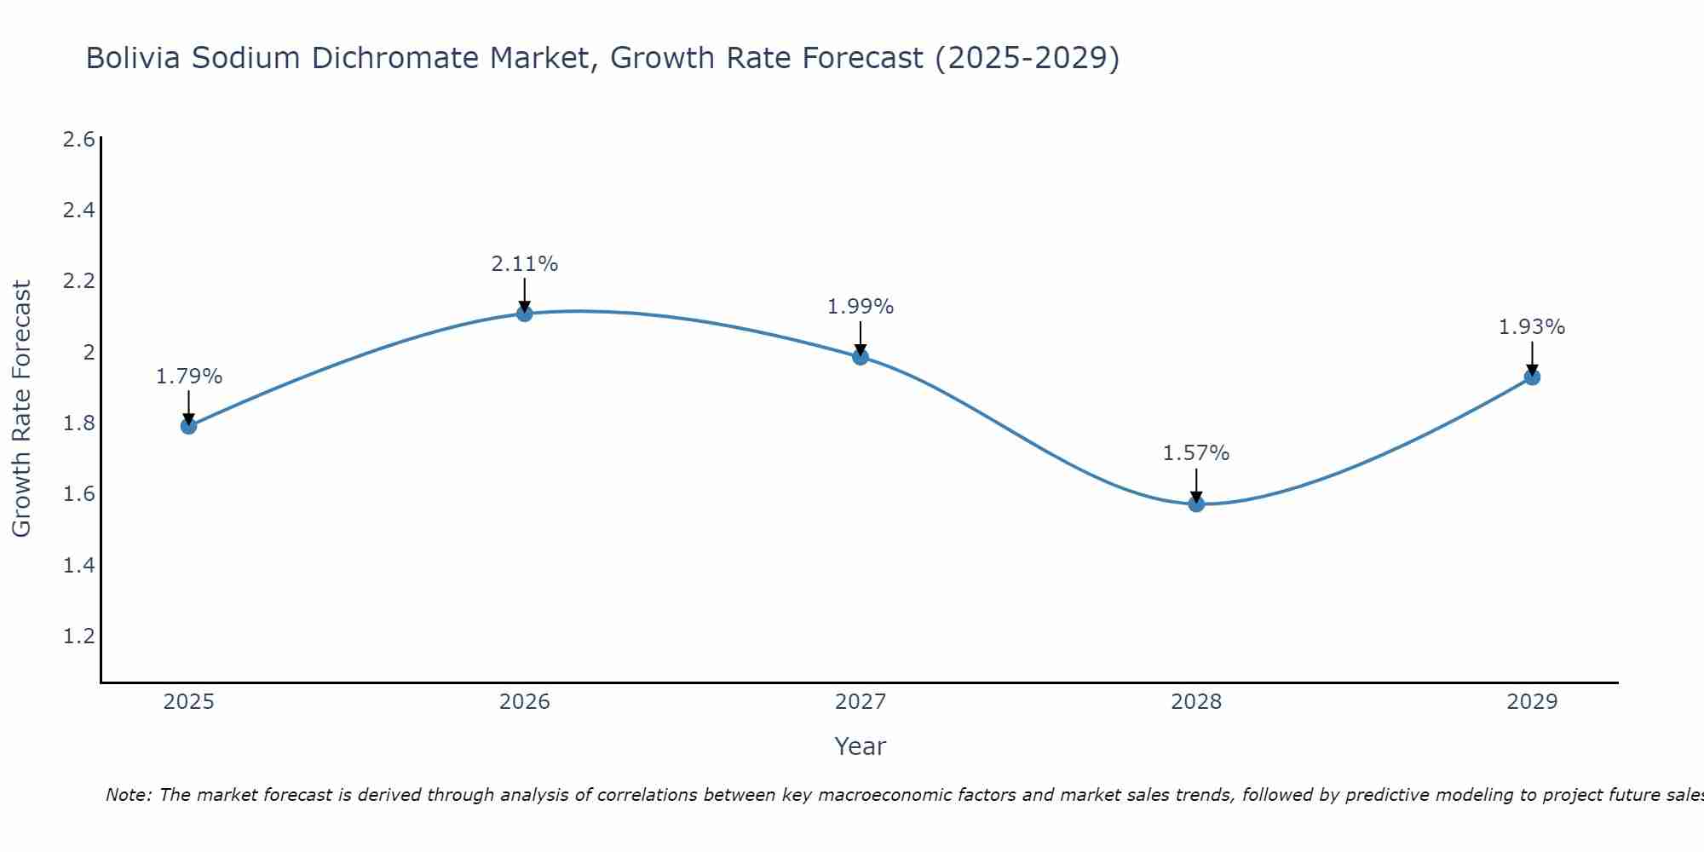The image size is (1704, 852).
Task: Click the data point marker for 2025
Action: (x=188, y=426)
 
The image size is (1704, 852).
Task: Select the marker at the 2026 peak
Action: (x=524, y=314)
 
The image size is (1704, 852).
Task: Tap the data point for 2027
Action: (x=861, y=357)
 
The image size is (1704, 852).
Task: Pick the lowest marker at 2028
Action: (x=1196, y=504)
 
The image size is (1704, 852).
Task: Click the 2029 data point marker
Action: (x=1532, y=377)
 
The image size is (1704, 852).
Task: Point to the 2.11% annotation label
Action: (x=524, y=264)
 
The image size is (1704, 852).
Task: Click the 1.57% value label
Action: (x=1196, y=453)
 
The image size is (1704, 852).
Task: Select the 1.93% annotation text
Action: (x=1532, y=327)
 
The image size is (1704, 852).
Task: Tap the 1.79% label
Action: (x=188, y=377)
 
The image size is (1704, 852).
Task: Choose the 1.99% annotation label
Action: (x=861, y=307)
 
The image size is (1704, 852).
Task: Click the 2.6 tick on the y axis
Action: (x=79, y=140)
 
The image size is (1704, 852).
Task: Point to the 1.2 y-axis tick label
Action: (x=79, y=636)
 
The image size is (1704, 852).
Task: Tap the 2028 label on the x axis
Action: (x=1196, y=702)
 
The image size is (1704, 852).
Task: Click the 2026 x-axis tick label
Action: (x=524, y=702)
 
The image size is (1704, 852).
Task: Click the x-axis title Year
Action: (x=861, y=746)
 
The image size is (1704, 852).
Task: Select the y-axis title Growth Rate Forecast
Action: (x=22, y=408)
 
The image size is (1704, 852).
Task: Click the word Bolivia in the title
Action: (x=133, y=59)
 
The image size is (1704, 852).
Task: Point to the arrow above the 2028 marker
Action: (x=1196, y=485)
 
